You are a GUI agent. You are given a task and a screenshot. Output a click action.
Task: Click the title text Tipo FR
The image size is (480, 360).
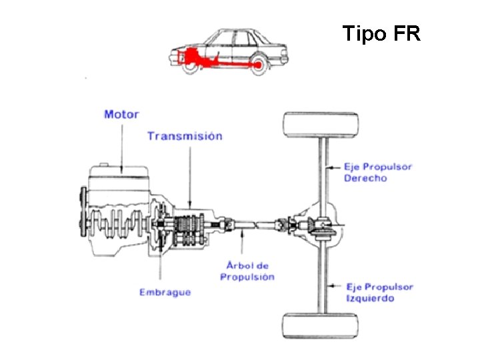point(381,33)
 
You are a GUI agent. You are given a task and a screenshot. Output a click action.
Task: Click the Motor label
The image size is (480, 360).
point(121,114)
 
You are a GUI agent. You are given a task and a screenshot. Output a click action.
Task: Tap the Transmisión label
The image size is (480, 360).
point(185,136)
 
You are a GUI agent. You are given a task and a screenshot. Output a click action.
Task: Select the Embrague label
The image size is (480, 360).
point(165,291)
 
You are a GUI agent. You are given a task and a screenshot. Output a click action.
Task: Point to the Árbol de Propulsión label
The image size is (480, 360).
point(247,271)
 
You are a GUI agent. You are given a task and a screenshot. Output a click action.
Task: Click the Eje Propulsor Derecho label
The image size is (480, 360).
point(377,172)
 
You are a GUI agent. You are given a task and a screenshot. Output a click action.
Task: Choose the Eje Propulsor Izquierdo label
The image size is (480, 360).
point(379,292)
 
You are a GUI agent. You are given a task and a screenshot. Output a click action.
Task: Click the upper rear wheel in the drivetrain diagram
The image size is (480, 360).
point(321,125)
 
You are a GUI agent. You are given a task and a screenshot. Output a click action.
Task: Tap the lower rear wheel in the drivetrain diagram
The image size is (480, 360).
point(321,325)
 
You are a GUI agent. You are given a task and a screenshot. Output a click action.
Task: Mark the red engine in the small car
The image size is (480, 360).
point(191,55)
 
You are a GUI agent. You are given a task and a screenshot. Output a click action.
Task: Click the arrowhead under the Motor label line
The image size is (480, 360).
point(121,169)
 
